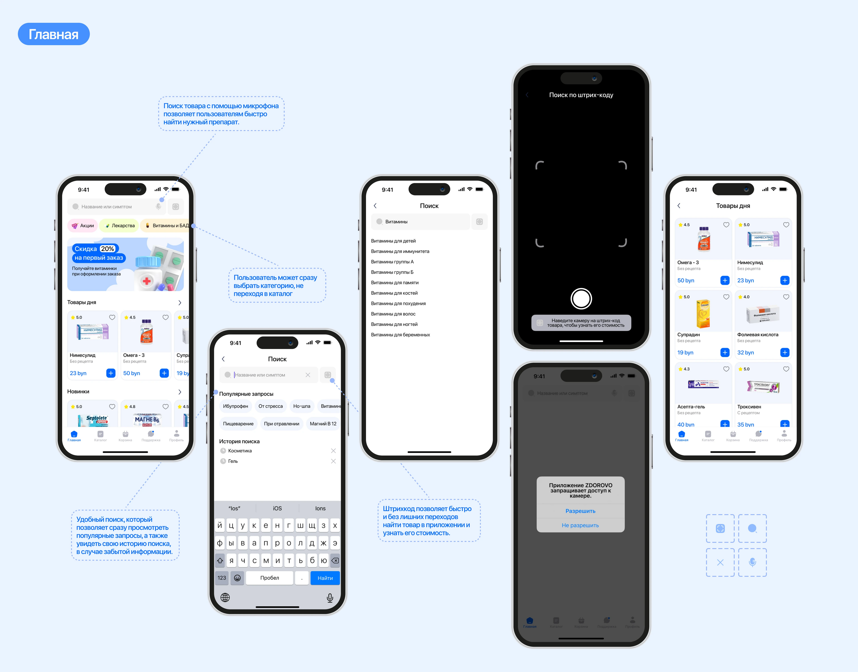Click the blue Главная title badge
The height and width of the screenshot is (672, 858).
(x=53, y=34)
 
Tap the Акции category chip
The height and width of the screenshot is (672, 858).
(x=83, y=225)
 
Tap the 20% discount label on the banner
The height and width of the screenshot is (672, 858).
(x=107, y=249)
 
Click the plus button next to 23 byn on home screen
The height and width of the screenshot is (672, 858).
(x=111, y=373)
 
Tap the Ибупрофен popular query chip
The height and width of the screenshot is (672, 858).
(x=235, y=406)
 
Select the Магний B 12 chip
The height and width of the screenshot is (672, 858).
(x=323, y=424)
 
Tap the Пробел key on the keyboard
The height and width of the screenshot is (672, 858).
(x=269, y=578)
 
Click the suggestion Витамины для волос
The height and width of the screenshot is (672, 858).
(x=393, y=314)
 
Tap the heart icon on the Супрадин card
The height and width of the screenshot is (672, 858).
(x=726, y=297)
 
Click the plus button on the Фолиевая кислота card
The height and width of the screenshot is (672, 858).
(x=785, y=352)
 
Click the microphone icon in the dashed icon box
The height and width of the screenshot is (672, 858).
(x=752, y=562)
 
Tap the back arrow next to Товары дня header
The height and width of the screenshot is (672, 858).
(x=679, y=206)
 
